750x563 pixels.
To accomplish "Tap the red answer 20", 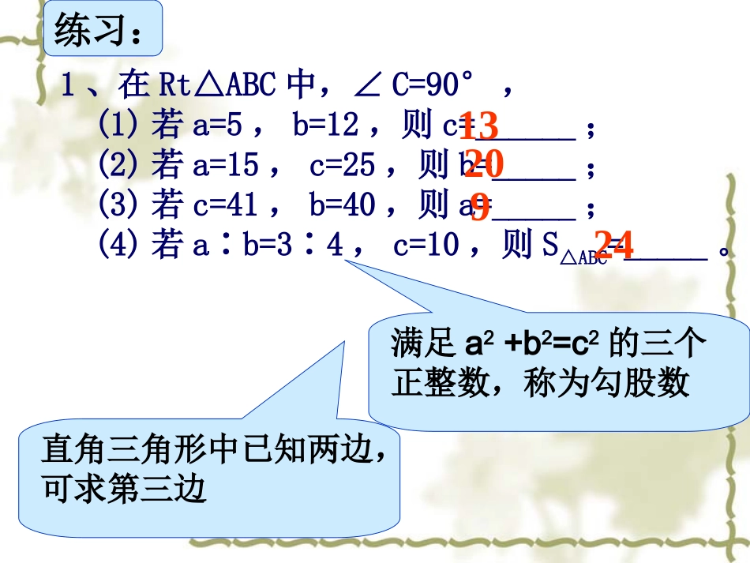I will (483, 164).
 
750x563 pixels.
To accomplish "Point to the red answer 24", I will (613, 246).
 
